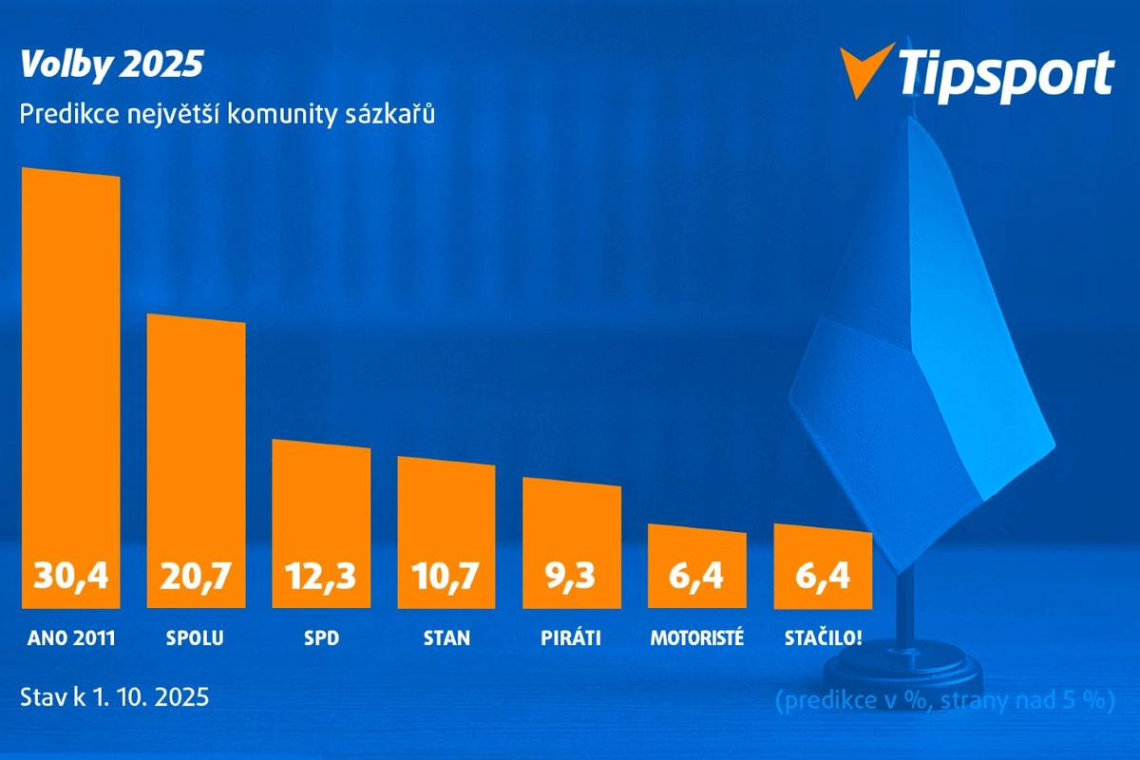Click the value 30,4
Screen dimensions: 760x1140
click(x=71, y=575)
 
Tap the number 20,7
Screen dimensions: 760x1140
click(x=196, y=575)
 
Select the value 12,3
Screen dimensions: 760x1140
click(x=321, y=575)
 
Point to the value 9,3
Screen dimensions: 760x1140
click(x=572, y=575)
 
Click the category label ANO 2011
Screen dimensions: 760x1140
click(x=71, y=637)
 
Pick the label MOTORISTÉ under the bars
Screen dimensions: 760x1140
click(x=697, y=637)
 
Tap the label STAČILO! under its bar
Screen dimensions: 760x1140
click(x=823, y=637)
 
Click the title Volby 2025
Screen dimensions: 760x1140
click(x=111, y=66)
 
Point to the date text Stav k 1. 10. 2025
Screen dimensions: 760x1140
click(x=114, y=695)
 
